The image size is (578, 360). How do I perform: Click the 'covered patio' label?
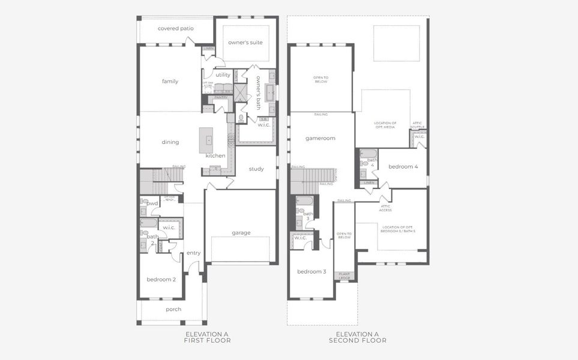174,29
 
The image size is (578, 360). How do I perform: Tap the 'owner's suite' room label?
245,43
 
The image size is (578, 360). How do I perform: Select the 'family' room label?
170,81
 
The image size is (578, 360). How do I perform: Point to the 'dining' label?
170,142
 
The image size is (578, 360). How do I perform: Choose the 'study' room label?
256,169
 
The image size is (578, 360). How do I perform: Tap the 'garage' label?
241,232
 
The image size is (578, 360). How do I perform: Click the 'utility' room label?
223,75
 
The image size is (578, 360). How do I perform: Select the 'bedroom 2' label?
161,279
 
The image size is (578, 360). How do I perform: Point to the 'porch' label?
173,309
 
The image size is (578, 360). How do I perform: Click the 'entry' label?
193,253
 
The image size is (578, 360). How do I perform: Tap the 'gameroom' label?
320,138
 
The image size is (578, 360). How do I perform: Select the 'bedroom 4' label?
403,166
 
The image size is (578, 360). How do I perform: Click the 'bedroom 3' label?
312,272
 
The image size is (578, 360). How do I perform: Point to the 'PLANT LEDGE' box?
345,275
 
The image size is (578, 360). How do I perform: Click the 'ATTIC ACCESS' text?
385,208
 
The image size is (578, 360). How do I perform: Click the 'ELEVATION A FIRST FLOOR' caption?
207,337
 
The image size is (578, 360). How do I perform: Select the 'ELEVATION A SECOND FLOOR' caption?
357,337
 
